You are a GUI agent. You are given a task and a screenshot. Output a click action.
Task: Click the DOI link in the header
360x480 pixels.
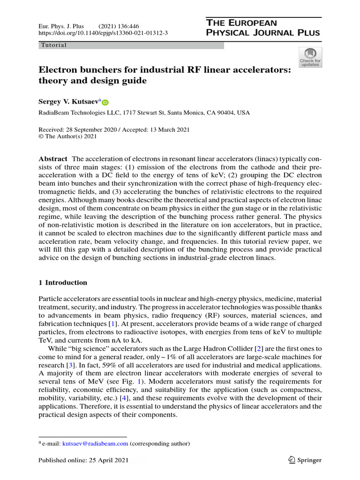pyautogui.click(x=103, y=33)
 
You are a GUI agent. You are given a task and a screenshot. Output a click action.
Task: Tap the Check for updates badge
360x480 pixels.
pyautogui.click(x=310, y=57)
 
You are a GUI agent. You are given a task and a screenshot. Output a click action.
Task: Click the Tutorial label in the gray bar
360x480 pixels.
pyautogui.click(x=54, y=45)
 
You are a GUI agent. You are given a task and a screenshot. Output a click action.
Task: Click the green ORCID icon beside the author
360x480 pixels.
pyautogui.click(x=105, y=103)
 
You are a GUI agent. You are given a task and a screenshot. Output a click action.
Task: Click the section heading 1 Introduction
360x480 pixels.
pyautogui.click(x=62, y=283)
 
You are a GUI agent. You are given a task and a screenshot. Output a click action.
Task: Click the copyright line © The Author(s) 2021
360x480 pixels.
pyautogui.click(x=67, y=136)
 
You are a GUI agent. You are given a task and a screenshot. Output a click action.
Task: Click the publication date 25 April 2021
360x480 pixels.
pyautogui.click(x=97, y=460)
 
